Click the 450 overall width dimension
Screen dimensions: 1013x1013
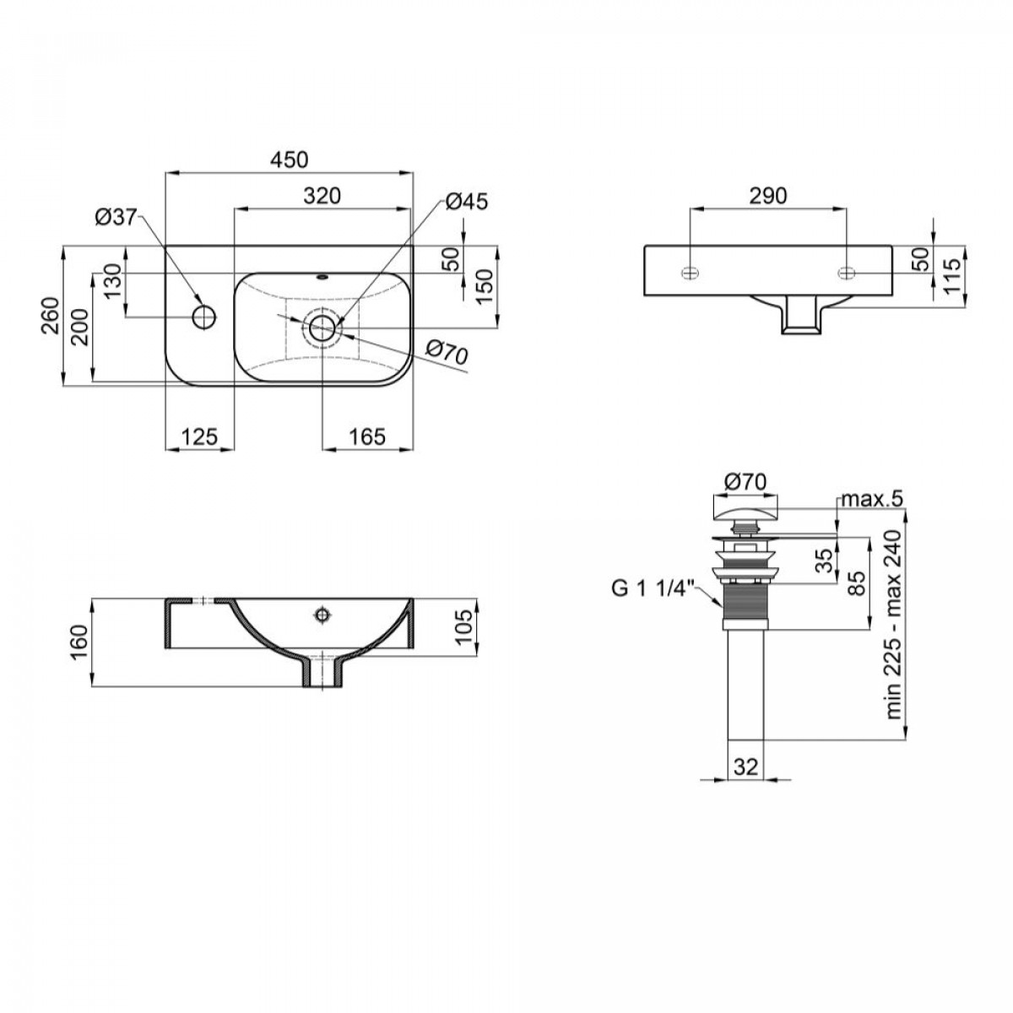click(x=290, y=160)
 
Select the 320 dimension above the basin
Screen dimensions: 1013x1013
click(x=322, y=196)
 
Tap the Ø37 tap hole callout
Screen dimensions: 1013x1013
click(x=116, y=217)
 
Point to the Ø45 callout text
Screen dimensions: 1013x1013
click(x=467, y=202)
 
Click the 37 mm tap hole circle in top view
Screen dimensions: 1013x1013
click(x=204, y=317)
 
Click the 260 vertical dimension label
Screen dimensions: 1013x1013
click(x=51, y=316)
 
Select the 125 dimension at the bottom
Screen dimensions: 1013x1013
click(x=200, y=436)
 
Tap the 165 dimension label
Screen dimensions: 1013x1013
click(x=367, y=436)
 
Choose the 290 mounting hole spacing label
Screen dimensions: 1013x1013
click(x=768, y=196)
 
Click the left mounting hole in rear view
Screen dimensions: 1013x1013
click(x=690, y=273)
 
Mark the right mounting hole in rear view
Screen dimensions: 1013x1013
click(x=846, y=273)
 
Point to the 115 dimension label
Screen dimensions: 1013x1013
click(x=952, y=277)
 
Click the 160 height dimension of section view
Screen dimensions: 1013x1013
click(x=79, y=643)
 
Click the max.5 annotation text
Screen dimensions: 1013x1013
click(x=872, y=499)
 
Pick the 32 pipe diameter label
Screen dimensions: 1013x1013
click(x=746, y=767)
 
